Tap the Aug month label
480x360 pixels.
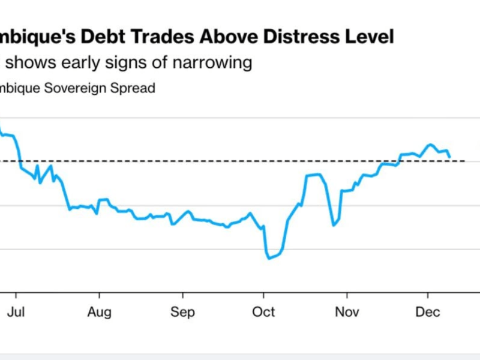tap(99, 312)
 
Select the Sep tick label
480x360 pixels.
tap(182, 312)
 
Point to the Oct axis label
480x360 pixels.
tap(263, 312)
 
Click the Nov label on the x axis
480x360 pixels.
tap(346, 312)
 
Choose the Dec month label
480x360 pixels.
tap(428, 312)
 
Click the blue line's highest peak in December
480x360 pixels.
tap(430, 144)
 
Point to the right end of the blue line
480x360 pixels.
tap(449, 157)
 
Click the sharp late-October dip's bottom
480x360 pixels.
tap(333, 226)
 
